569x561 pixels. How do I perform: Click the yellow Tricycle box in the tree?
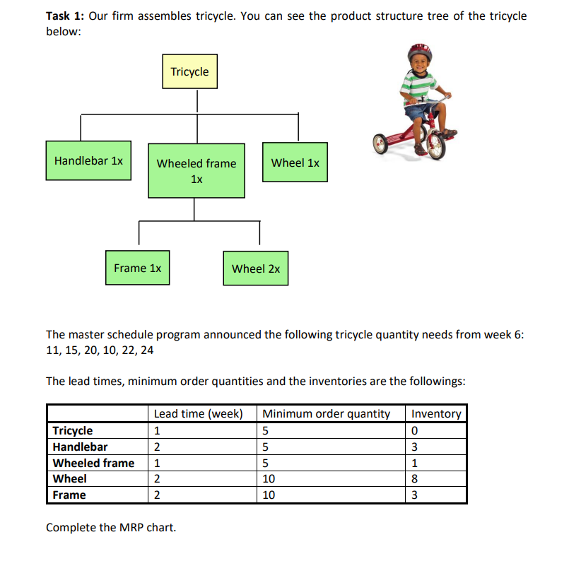point(189,71)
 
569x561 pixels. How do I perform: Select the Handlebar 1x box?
point(88,160)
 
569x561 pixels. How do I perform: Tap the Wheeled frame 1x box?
point(196,171)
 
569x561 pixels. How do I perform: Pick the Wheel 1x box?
point(295,163)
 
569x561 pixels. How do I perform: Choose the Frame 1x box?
point(137,268)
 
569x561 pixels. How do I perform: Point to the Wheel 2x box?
point(255,268)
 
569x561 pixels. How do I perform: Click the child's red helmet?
point(420,52)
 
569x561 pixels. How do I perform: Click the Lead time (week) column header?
point(198,413)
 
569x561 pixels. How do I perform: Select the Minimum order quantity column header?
point(326,413)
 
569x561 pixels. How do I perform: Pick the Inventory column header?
point(436,413)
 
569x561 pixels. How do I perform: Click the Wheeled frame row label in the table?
point(93,463)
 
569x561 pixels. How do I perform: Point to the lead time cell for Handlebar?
point(157,447)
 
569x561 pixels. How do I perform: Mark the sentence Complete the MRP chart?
point(111,527)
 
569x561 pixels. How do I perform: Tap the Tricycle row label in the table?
point(72,430)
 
